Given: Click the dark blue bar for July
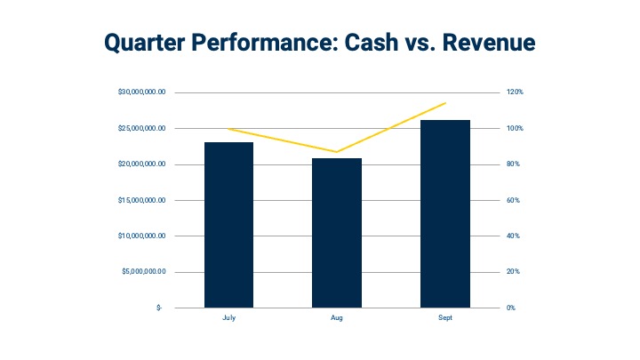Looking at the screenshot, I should [228, 225].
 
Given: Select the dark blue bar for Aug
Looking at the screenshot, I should [337, 233].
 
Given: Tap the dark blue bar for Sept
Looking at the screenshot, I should [445, 213].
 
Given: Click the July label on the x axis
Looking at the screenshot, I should [228, 316].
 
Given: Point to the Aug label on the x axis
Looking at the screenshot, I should [337, 316].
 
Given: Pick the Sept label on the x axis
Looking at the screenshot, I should [445, 316].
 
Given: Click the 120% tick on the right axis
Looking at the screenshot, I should [515, 92].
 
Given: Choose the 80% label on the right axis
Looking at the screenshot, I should [513, 164].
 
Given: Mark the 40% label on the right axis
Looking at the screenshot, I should [513, 236].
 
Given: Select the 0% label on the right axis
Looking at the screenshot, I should [511, 308].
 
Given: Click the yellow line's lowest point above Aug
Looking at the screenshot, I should [337, 152].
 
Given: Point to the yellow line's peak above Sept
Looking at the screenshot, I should [445, 103].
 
